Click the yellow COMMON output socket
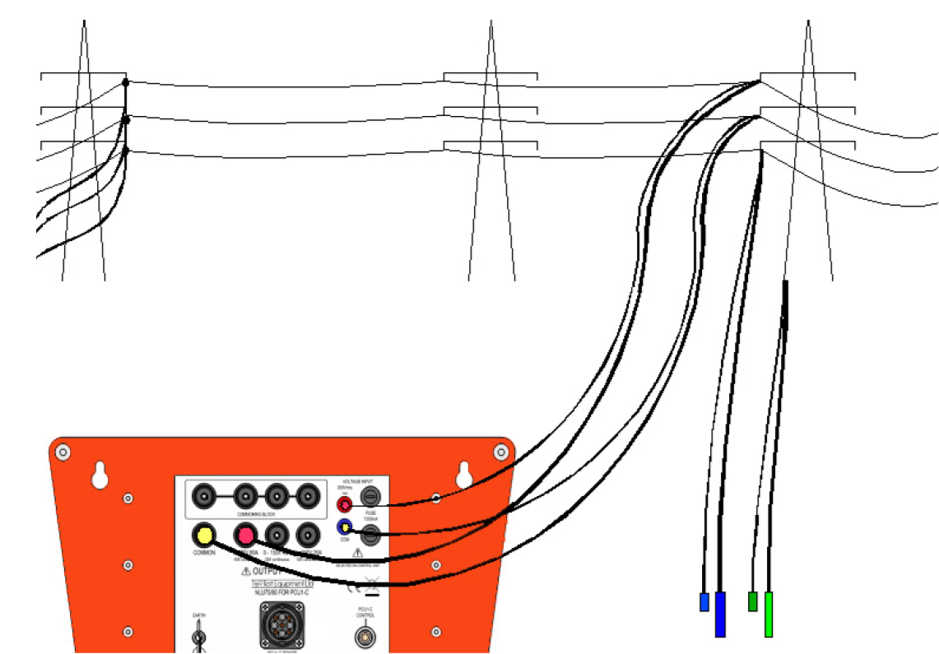[203, 536]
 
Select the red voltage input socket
[346, 503]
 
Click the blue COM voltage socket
[346, 526]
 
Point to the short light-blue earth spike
[704, 601]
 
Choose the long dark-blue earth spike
[720, 614]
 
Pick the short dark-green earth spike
[752, 601]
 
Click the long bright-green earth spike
[769, 614]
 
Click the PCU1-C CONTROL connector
[365, 636]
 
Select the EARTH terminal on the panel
[198, 637]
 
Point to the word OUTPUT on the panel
[267, 569]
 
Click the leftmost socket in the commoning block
[203, 496]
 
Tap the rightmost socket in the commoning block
[307, 496]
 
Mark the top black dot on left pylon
[125, 82]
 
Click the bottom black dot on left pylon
[125, 151]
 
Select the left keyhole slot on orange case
[100, 475]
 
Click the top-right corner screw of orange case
[500, 452]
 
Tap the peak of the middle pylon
[491, 23]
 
